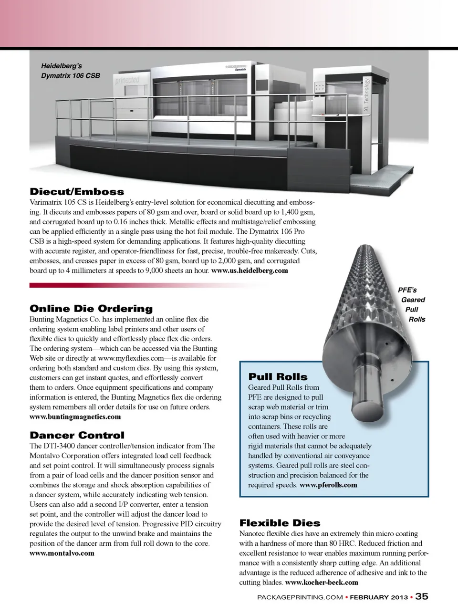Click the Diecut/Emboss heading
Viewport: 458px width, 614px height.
point(77,192)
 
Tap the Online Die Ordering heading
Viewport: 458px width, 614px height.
point(91,309)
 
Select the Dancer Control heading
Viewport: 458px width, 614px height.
point(77,435)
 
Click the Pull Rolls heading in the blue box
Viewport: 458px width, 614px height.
point(278,377)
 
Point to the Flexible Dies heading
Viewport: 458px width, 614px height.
point(280,523)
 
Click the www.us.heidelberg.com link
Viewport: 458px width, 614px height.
point(250,271)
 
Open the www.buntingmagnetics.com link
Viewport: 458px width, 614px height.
point(75,416)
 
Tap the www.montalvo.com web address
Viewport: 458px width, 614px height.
point(62,553)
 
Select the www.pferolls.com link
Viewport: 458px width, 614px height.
point(328,485)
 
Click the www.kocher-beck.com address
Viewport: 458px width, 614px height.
point(322,582)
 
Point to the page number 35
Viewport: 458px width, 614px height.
point(422,596)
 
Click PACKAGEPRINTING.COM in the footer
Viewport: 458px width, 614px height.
point(300,597)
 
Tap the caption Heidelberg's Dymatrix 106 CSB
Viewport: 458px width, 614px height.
point(70,71)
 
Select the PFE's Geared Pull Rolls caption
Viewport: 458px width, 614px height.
point(411,304)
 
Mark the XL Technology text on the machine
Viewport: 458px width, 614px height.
point(366,95)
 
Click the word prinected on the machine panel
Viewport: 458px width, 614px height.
point(127,81)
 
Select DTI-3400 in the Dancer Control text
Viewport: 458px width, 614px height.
point(58,446)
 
